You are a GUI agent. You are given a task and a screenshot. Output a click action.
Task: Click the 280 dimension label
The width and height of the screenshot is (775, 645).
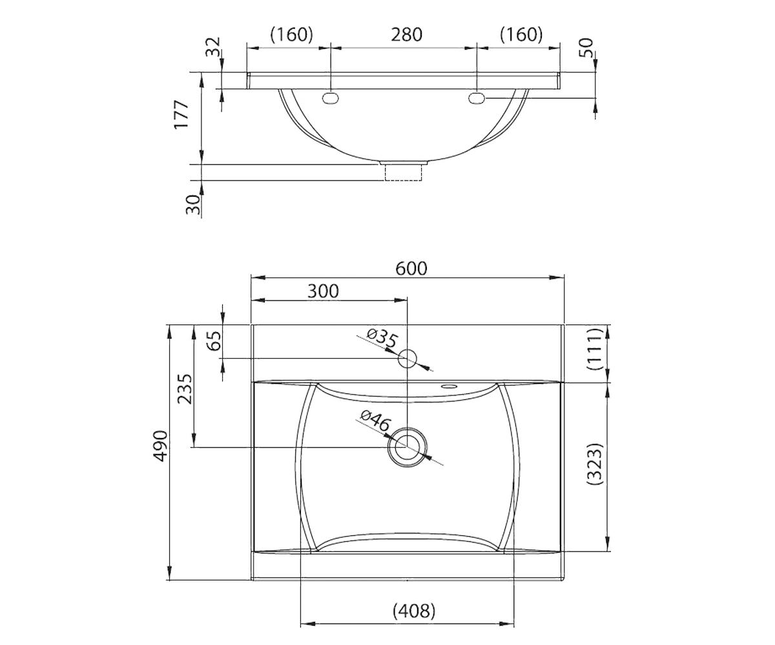coord(406,35)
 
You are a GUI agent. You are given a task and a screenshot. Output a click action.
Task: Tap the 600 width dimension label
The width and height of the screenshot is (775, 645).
coord(411,268)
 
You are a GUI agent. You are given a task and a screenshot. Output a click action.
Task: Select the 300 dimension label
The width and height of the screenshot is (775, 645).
coord(323,291)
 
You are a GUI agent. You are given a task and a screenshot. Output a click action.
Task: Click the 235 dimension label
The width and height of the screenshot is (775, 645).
coord(185,389)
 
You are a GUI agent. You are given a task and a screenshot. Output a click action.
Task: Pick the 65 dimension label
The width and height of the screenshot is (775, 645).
coord(215,341)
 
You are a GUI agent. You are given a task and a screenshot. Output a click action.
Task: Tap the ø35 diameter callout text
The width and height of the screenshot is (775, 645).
coord(383,339)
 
